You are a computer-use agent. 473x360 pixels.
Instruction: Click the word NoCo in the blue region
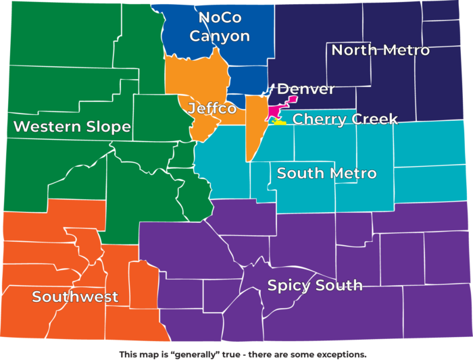(220, 17)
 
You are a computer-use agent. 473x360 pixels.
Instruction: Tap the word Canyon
(220, 36)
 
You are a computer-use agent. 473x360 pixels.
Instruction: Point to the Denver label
(306, 89)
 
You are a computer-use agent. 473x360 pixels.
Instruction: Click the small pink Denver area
(276, 111)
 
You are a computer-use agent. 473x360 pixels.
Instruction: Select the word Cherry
(318, 120)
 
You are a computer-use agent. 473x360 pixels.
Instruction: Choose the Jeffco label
(212, 109)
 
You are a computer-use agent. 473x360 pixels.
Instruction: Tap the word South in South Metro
(299, 174)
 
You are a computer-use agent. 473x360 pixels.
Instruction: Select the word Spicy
(289, 286)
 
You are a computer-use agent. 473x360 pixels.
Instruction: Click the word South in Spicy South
(339, 285)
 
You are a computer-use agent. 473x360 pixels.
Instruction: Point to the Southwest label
(75, 297)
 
